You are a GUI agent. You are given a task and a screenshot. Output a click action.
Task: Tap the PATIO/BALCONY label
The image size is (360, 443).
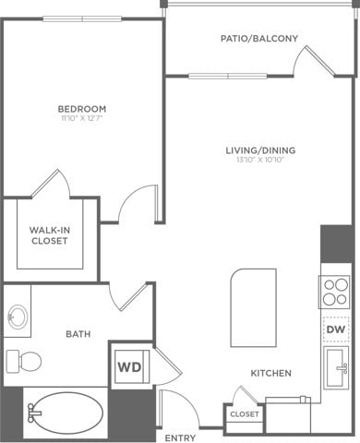click(258, 39)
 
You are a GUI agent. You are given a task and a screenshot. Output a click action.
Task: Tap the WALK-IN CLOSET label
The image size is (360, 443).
click(50, 235)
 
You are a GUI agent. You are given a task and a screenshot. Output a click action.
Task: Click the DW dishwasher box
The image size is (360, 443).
click(334, 328)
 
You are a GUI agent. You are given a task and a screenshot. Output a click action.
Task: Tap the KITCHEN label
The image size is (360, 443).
click(271, 373)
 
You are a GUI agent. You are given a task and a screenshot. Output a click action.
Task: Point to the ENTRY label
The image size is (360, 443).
click(179, 437)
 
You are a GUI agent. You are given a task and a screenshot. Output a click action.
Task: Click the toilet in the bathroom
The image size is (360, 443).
click(22, 360)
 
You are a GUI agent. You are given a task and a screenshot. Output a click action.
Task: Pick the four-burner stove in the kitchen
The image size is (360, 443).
click(335, 292)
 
